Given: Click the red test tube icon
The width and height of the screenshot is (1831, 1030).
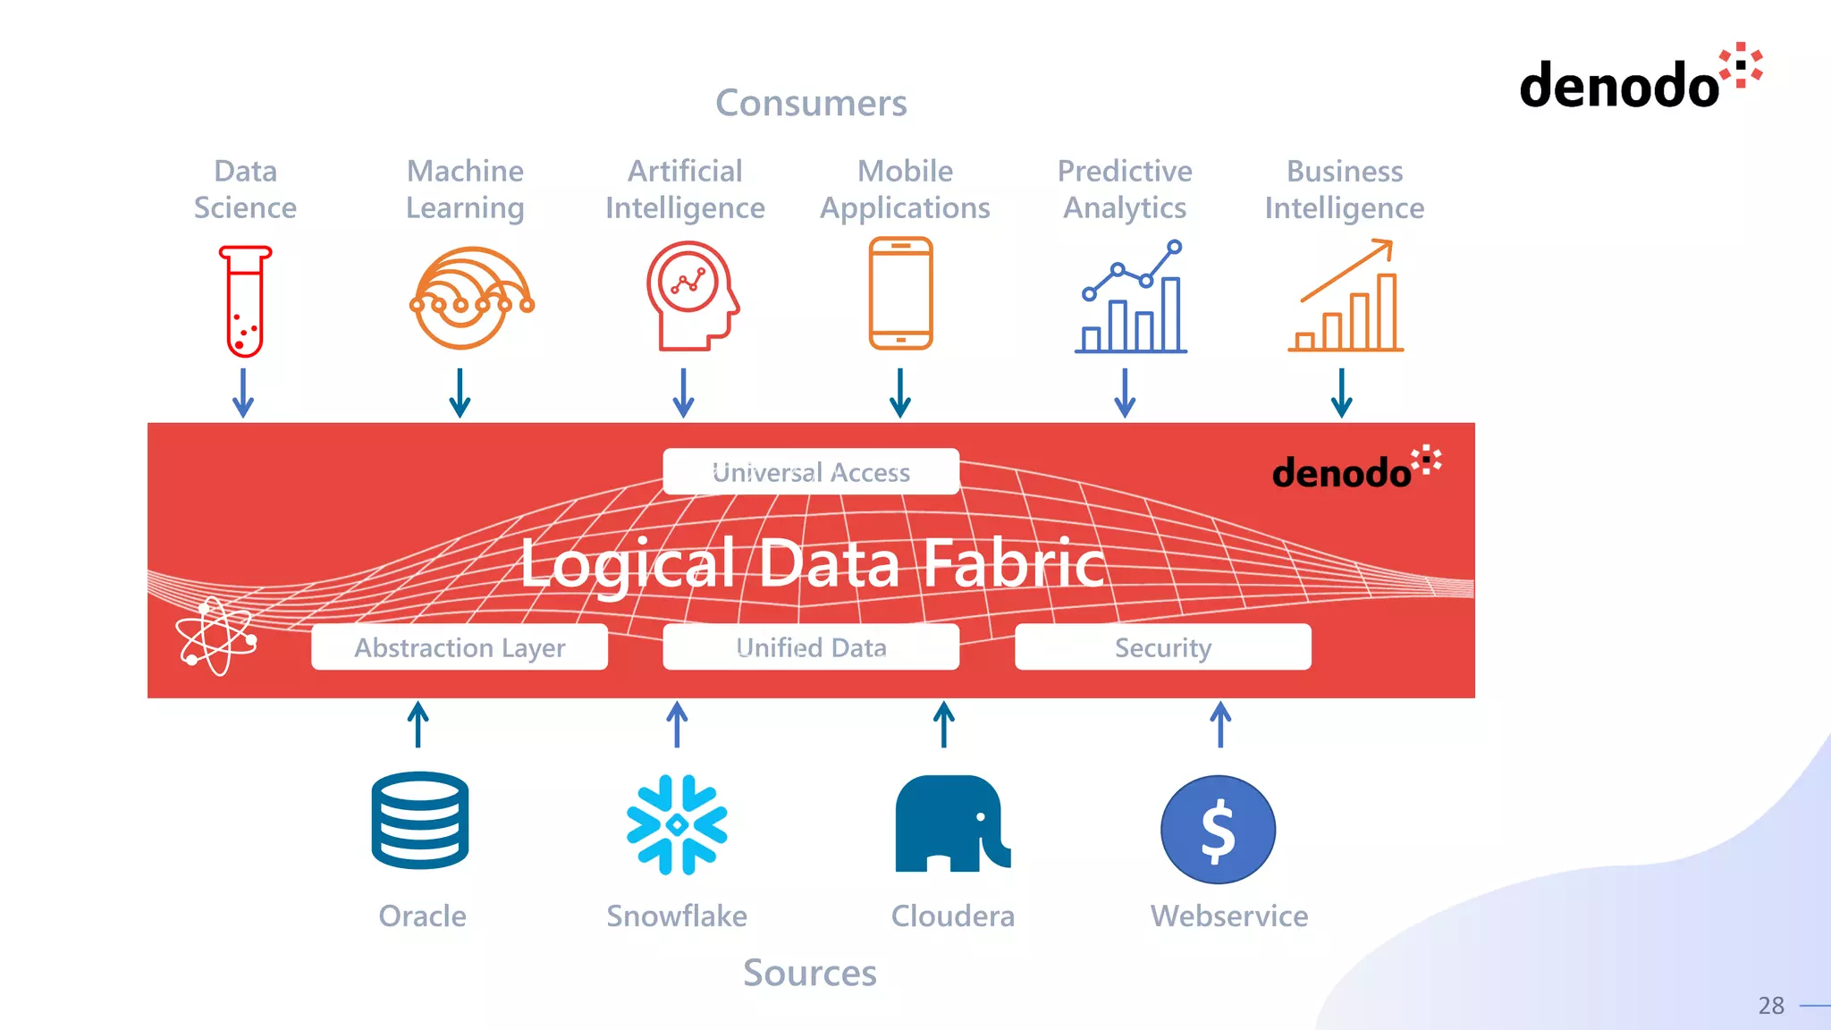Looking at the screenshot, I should [x=245, y=301].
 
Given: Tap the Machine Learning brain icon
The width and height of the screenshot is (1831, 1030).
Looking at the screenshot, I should [x=470, y=299].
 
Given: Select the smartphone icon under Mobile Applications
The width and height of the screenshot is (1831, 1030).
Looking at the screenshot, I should [x=900, y=293].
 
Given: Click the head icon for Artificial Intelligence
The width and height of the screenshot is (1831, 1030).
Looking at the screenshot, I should [x=691, y=296].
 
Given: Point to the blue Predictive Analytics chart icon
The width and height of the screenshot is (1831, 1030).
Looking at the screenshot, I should [x=1131, y=298].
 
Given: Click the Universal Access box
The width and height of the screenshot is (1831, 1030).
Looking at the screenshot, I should [x=811, y=471].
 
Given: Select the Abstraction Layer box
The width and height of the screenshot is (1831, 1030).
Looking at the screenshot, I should [x=460, y=646].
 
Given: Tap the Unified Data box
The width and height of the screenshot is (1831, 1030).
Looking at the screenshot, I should [x=811, y=646].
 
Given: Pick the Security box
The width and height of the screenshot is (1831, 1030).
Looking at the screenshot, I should [x=1162, y=646].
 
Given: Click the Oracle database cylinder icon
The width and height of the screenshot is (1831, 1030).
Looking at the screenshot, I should [x=420, y=820].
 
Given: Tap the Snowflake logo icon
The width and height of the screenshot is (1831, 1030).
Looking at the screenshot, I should [x=677, y=823].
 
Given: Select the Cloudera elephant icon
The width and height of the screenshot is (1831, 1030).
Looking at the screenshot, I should [x=951, y=823].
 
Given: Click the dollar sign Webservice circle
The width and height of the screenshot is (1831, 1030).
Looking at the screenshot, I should [x=1218, y=829].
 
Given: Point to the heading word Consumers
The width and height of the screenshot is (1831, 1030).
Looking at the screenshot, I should [x=811, y=103].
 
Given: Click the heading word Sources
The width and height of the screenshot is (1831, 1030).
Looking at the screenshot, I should [x=810, y=973].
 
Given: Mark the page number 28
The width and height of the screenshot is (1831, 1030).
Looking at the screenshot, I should [x=1770, y=1006].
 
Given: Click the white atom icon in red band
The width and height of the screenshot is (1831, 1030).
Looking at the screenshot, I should [x=216, y=636].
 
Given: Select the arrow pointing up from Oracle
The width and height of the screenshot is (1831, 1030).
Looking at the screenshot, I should [x=418, y=723].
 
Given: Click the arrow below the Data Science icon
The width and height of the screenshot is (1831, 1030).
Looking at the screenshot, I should [x=243, y=393].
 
